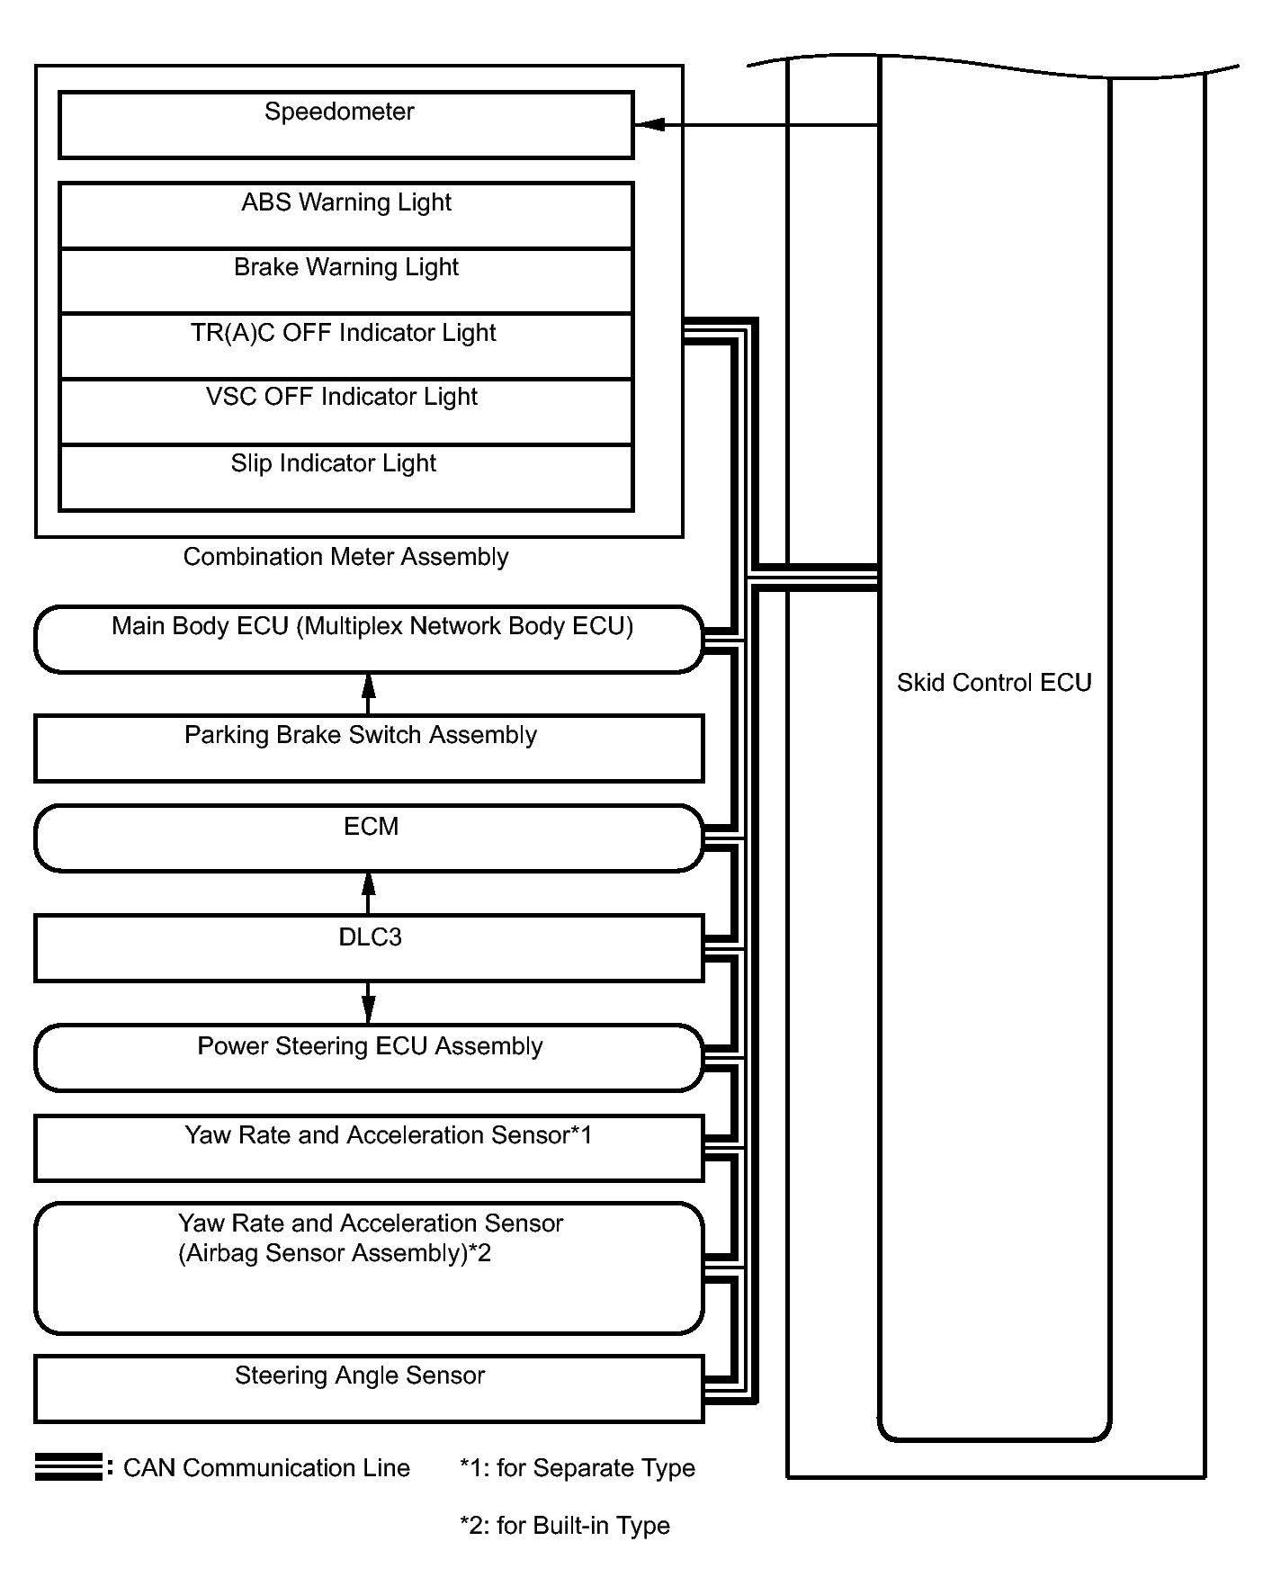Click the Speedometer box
coord(346,125)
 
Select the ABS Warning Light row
coord(346,216)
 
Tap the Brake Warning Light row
coord(346,282)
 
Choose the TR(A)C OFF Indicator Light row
coord(346,346)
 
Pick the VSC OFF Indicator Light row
coord(346,412)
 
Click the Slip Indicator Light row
coord(346,479)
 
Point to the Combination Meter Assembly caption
coord(346,557)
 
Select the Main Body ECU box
coord(369,639)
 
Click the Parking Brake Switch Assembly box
coord(369,748)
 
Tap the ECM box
coord(369,838)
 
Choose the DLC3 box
coord(369,948)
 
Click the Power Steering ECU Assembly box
coord(369,1058)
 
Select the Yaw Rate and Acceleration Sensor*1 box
coord(369,1149)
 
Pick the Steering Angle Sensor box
coord(369,1390)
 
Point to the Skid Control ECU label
coord(994,683)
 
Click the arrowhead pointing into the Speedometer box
coord(649,125)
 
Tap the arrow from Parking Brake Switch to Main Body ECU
coord(368,694)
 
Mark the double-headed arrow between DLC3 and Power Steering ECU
coord(368,1003)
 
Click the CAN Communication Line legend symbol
coord(68,1467)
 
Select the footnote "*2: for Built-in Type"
coord(565,1526)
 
